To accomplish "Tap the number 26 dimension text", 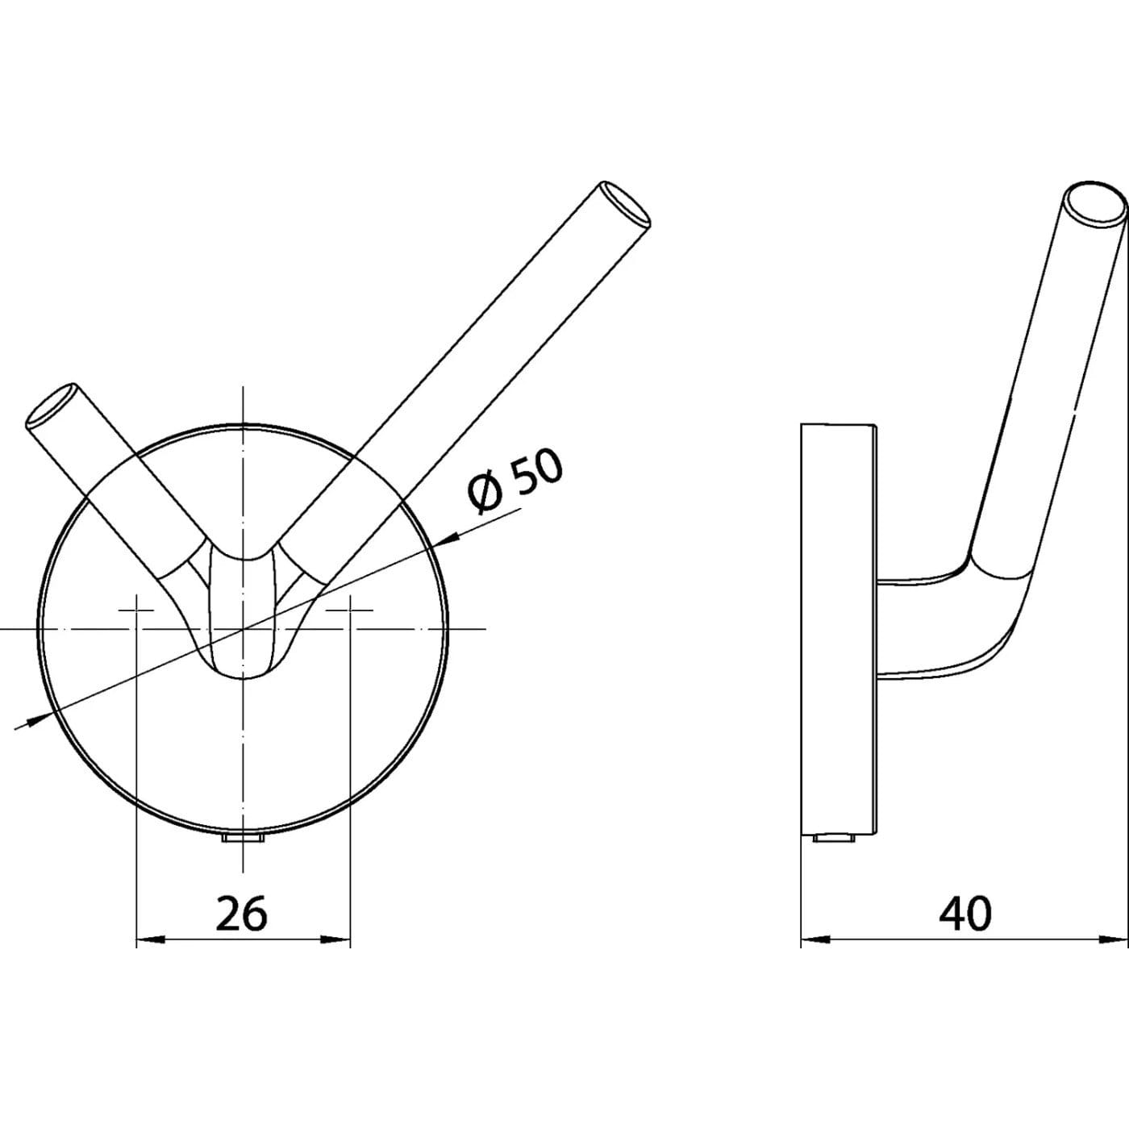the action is (x=241, y=914).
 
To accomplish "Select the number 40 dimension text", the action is (x=965, y=914).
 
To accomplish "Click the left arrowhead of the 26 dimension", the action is (x=149, y=957).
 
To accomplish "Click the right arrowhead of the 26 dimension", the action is (x=337, y=957).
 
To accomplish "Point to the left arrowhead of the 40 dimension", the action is (x=814, y=957).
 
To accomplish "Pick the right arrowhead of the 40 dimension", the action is (x=1113, y=957).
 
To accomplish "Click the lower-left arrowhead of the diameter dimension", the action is (x=39, y=719).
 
